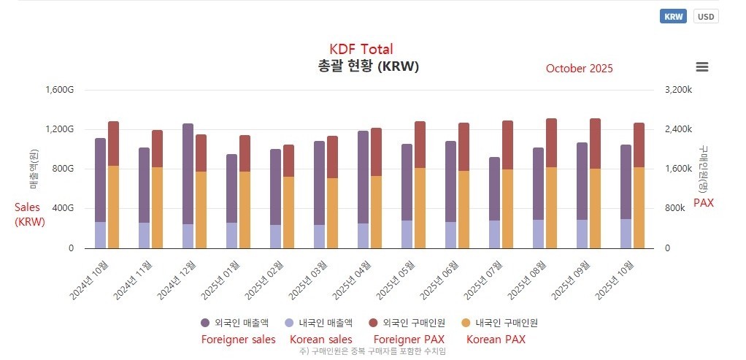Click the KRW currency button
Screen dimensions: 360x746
[673, 17]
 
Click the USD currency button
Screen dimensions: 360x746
[706, 17]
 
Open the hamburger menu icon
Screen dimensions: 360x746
[702, 67]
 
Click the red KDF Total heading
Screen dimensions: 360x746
[361, 50]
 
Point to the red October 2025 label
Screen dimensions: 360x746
[580, 69]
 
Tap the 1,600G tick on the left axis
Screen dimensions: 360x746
[60, 90]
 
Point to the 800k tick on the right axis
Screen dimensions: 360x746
[675, 208]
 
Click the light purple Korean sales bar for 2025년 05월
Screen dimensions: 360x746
[407, 234]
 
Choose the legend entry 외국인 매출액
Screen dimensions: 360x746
[234, 322]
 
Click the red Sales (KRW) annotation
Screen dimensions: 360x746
[30, 215]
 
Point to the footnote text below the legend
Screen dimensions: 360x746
[372, 351]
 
